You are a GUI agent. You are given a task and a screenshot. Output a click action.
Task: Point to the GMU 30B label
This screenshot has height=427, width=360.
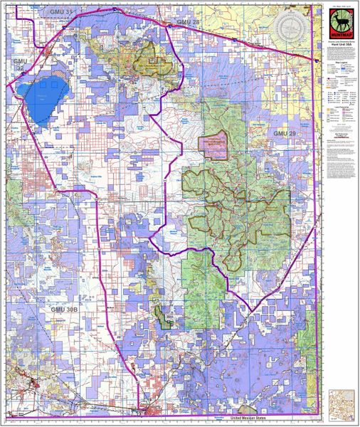tap(64, 311)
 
